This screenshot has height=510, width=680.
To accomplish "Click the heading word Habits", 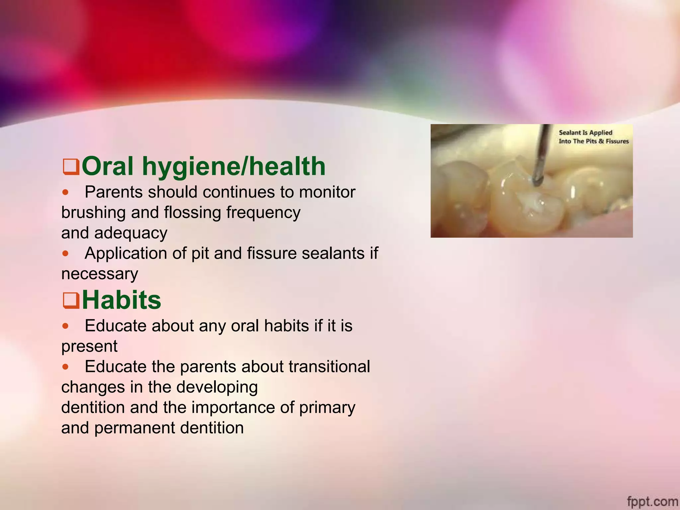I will [x=121, y=300].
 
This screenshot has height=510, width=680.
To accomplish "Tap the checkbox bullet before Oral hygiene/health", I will [x=71, y=167].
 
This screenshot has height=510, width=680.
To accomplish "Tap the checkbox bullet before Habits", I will [x=71, y=300].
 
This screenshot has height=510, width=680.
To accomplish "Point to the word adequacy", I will [x=131, y=233].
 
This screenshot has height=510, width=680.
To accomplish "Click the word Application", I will [x=126, y=253].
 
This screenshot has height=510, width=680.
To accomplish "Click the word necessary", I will [x=100, y=274].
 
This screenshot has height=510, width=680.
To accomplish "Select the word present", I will [x=89, y=346].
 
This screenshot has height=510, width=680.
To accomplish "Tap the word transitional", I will [x=329, y=367].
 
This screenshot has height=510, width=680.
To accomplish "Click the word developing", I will [x=217, y=387].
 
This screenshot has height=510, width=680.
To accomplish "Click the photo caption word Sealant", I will [x=569, y=133].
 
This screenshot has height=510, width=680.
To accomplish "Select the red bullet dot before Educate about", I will [x=66, y=326].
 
